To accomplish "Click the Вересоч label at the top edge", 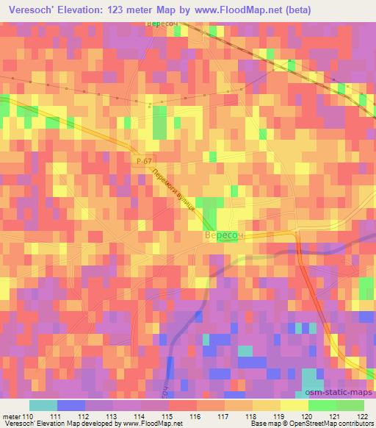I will tap(164, 24).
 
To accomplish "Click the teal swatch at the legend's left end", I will tap(43, 405).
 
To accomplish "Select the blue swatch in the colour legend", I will tap(70, 405).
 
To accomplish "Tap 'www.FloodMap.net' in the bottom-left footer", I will tap(154, 424).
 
